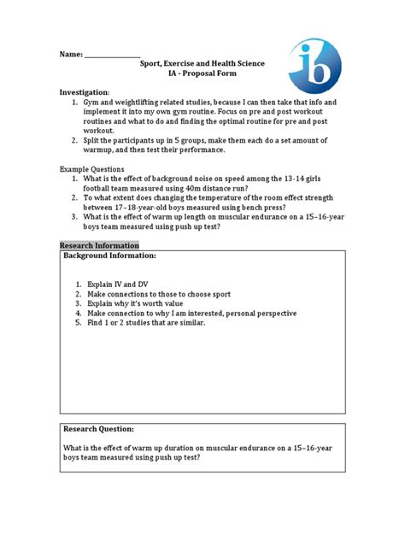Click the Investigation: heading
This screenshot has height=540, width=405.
[x=85, y=91]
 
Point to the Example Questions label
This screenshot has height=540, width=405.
[x=91, y=169]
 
